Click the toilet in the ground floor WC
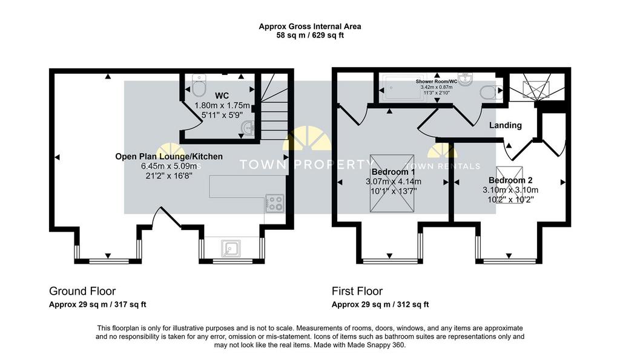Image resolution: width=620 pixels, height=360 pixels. click(198, 87)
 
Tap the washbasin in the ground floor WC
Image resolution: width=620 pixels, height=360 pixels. click(248, 128)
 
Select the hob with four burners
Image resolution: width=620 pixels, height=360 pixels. click(274, 203)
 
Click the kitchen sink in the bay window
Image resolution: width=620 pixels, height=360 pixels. click(231, 247)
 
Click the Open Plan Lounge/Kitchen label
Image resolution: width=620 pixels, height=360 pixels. click(169, 157)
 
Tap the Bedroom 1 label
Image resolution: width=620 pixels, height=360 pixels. click(392, 171)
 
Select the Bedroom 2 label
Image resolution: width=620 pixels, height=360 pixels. click(510, 180)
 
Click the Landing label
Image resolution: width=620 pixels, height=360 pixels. click(506, 125)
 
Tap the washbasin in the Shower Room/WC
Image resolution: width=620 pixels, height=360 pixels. click(466, 79)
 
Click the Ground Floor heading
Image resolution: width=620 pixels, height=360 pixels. click(82, 291)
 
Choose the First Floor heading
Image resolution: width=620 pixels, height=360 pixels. click(357, 291)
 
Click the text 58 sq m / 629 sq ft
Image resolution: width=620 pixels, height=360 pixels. click(310, 36)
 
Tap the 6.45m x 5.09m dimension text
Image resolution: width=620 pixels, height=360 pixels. click(169, 166)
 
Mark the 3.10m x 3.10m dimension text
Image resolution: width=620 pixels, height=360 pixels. click(510, 190)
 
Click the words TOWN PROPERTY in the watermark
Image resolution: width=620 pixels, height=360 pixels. click(307, 165)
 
